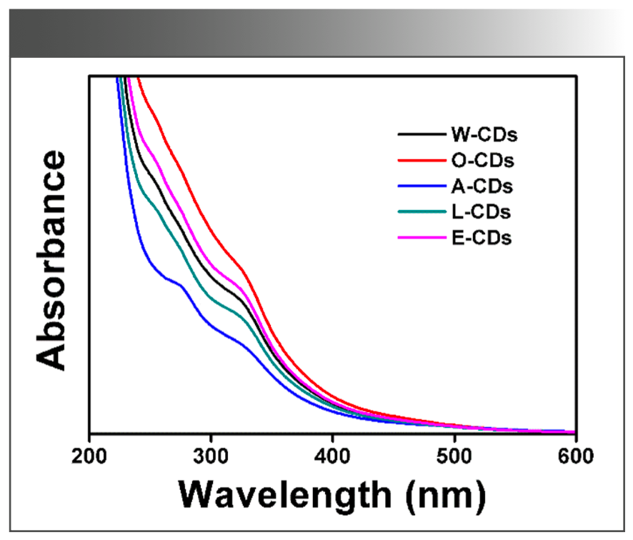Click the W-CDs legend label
click(484, 134)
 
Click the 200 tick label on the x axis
click(89, 454)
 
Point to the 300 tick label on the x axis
click(211, 454)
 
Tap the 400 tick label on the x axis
click(332, 454)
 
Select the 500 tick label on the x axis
click(454, 454)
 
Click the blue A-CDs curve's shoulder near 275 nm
click(181, 286)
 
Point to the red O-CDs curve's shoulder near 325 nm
click(241, 270)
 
